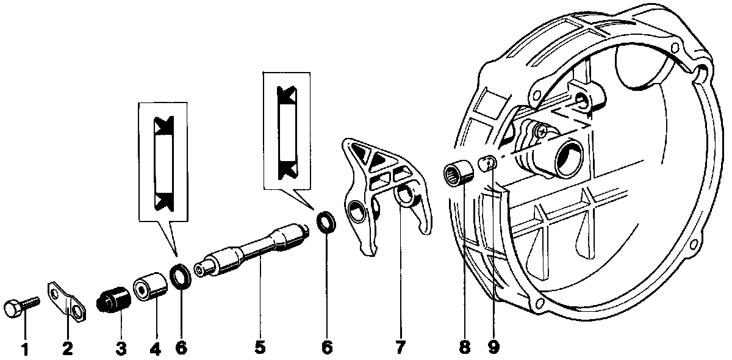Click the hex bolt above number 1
pyautogui.click(x=20, y=305)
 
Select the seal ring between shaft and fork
pyautogui.click(x=326, y=221)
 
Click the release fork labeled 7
pyautogui.click(x=384, y=195)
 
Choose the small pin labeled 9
pyautogui.click(x=486, y=164)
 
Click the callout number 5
pyautogui.click(x=260, y=348)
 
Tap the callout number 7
pyautogui.click(x=400, y=348)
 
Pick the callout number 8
pyautogui.click(x=465, y=348)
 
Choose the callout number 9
pyautogui.click(x=493, y=348)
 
